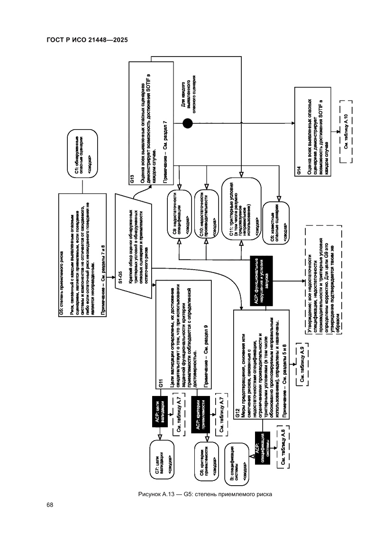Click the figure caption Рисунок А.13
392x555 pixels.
point(204,494)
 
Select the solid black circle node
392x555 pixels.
point(188,124)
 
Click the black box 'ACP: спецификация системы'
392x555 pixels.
point(263,451)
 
